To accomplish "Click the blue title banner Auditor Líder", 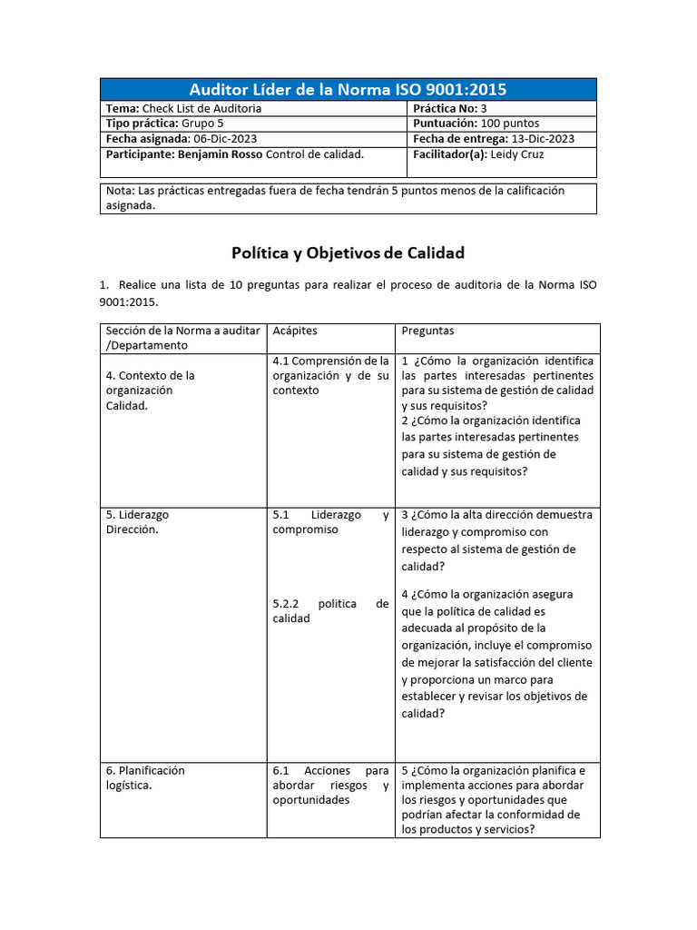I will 348,89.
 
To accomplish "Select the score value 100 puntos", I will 509,124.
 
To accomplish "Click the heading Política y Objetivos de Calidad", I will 348,252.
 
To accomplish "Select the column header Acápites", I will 295,331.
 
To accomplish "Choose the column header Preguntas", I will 427,331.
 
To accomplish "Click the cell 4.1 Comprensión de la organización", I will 330,375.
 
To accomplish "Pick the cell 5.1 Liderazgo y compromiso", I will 330,522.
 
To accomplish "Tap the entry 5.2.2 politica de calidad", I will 330,610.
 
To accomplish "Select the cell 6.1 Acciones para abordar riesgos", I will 330,786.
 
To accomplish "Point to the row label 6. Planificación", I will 145,770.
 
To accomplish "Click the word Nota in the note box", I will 119,191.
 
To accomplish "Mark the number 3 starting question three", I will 406,515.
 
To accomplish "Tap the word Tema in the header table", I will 123,108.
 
